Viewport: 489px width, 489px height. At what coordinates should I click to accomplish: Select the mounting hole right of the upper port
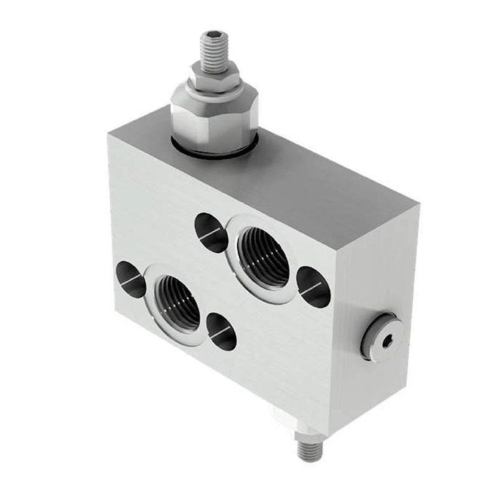313,287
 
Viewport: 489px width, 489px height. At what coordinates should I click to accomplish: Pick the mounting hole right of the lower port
222,332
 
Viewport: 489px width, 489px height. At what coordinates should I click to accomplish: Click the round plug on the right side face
382,337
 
